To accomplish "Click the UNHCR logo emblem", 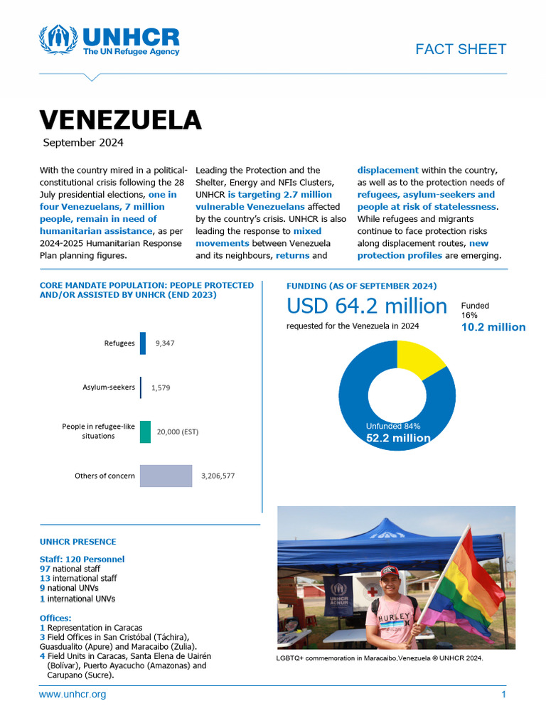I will tap(58, 41).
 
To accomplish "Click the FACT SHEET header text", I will tap(460, 49).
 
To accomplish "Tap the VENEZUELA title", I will tap(120, 119).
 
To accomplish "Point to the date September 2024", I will tap(82, 142).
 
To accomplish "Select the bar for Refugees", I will tap(143, 343).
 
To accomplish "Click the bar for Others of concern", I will tap(166, 476).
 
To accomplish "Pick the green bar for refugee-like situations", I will tap(145, 432).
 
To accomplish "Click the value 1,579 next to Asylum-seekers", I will tap(160, 387).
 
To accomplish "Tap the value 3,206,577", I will tap(218, 476).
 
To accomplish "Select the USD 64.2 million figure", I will tap(366, 306).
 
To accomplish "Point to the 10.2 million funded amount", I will tap(493, 327).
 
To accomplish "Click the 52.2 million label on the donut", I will tap(397, 438).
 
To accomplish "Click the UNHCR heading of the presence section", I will tap(77, 542).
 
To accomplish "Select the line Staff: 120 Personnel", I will tap(82, 560).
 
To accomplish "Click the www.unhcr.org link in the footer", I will tap(73, 694).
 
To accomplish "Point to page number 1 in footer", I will tap(503, 694).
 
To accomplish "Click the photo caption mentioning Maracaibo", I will tap(379, 658).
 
